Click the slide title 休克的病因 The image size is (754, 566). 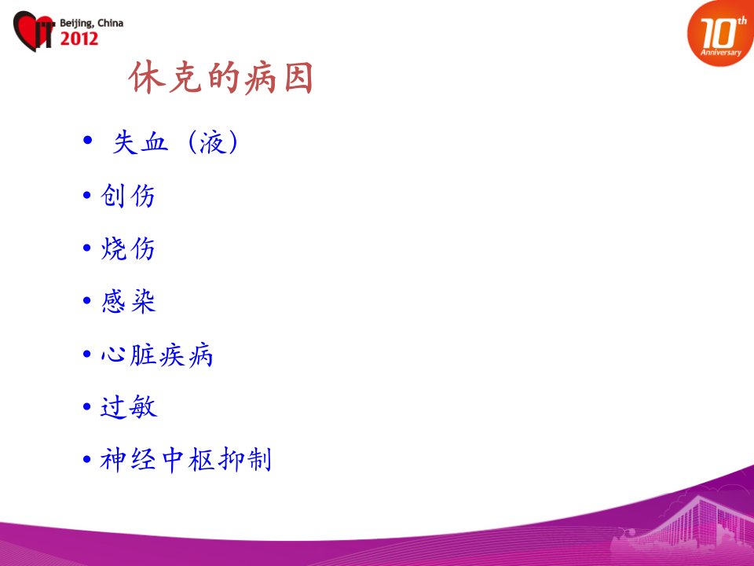coord(221,78)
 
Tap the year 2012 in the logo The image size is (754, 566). coord(79,39)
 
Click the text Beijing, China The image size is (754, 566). coord(91,23)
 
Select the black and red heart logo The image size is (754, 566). coord(34,31)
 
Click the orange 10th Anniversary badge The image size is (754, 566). coord(720,34)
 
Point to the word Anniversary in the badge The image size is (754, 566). coord(721,52)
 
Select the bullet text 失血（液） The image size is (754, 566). coord(175,142)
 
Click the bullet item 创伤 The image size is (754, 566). coord(128,196)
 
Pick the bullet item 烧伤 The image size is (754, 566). coord(128,248)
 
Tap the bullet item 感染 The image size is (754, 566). coord(128,301)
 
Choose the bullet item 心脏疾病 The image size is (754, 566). coord(157,355)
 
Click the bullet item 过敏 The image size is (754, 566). coord(128,407)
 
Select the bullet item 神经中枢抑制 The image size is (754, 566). coord(185,460)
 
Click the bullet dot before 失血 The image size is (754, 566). coord(87,140)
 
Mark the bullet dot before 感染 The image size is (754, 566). coord(87,301)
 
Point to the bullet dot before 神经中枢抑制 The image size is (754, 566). coord(87,459)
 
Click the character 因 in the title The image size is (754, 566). coord(299,78)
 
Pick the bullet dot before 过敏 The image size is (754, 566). coord(87,406)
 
